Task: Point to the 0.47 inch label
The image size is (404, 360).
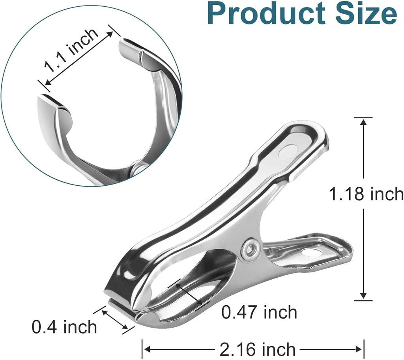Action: coord(259,312)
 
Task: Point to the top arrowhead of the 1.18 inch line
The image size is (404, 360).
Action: coord(363,121)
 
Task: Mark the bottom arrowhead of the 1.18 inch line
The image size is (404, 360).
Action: coord(363,296)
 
